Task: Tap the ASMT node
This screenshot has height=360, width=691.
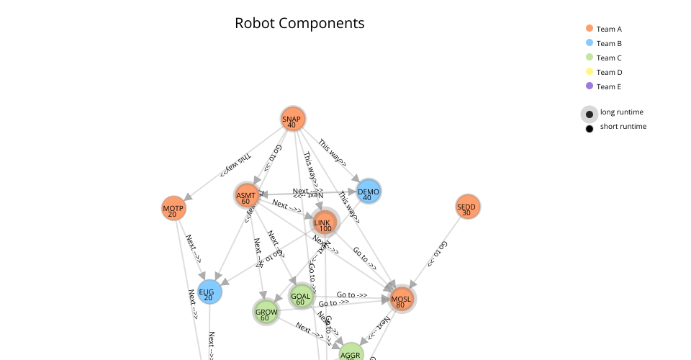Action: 246,196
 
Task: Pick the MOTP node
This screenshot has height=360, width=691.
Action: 173,209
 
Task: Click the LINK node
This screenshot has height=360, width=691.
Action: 325,223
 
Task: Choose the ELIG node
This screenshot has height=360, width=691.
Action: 209,292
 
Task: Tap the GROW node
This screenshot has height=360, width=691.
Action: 266,312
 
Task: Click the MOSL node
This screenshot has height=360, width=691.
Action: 402,299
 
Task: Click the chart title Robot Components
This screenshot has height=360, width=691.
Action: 299,23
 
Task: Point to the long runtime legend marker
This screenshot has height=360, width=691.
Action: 590,114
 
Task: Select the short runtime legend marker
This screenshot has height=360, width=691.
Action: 590,128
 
